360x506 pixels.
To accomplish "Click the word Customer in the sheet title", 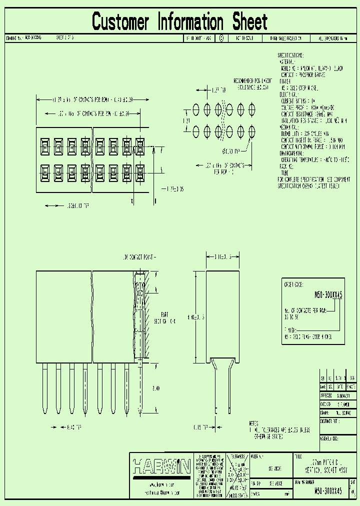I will (x=120, y=22).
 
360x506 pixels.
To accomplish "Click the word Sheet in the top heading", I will (x=249, y=22).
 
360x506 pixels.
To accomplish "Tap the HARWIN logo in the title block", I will (x=161, y=467).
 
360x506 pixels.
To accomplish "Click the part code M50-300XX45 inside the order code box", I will (x=328, y=295).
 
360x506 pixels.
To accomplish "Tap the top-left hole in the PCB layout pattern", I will (x=196, y=108).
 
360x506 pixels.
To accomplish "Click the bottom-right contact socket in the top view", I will (x=139, y=171).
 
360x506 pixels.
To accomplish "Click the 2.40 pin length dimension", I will (x=155, y=387).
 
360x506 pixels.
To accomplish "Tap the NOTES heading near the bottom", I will (x=255, y=423).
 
